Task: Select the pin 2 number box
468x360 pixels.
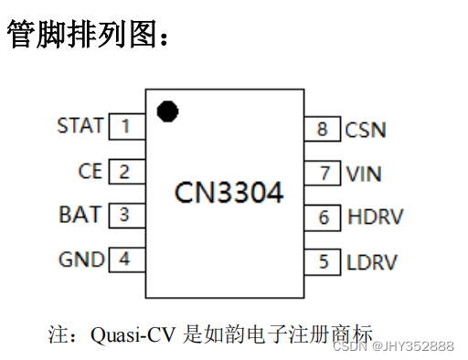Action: point(126,170)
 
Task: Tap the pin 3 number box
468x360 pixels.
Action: point(126,215)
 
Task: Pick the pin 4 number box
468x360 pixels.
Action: point(126,259)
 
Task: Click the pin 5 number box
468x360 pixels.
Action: point(324,262)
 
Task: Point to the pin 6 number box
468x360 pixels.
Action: point(324,217)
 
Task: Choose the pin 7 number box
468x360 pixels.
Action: point(324,173)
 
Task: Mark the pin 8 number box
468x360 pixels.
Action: point(324,129)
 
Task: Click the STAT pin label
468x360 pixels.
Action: point(80,125)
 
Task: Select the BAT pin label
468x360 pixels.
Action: point(81,215)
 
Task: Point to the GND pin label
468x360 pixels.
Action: point(81,259)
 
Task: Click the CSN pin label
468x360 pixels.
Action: point(366,130)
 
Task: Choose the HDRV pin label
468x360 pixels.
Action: point(375,217)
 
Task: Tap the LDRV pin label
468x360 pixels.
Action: point(372,262)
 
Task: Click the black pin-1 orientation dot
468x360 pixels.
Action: point(167,111)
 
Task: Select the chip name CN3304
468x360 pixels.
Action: point(229,193)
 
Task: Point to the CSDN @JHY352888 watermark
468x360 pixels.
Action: point(393,345)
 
